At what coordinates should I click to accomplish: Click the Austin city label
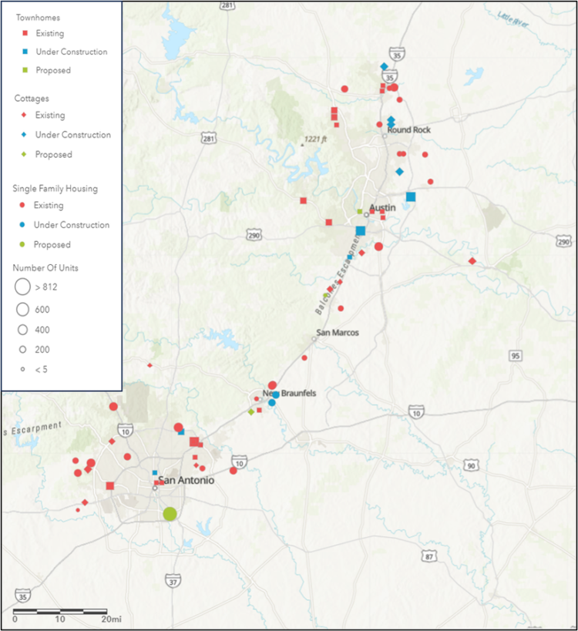[x=382, y=208]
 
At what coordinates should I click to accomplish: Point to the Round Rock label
[x=408, y=130]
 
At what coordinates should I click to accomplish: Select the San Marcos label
[x=338, y=333]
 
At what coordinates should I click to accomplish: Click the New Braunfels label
[x=290, y=393]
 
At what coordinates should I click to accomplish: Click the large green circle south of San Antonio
[x=170, y=514]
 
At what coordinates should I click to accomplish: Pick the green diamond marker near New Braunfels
[x=251, y=412]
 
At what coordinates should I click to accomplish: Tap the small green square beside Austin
[x=359, y=211]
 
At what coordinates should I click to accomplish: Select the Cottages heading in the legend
[x=32, y=99]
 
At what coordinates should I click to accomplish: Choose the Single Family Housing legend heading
[x=55, y=188]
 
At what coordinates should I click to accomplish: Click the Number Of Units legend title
[x=45, y=267]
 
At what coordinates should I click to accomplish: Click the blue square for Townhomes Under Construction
[x=25, y=52]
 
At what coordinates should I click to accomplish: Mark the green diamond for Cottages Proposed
[x=25, y=155]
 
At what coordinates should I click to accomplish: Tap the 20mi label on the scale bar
[x=110, y=619]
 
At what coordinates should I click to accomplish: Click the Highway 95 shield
[x=515, y=355]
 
